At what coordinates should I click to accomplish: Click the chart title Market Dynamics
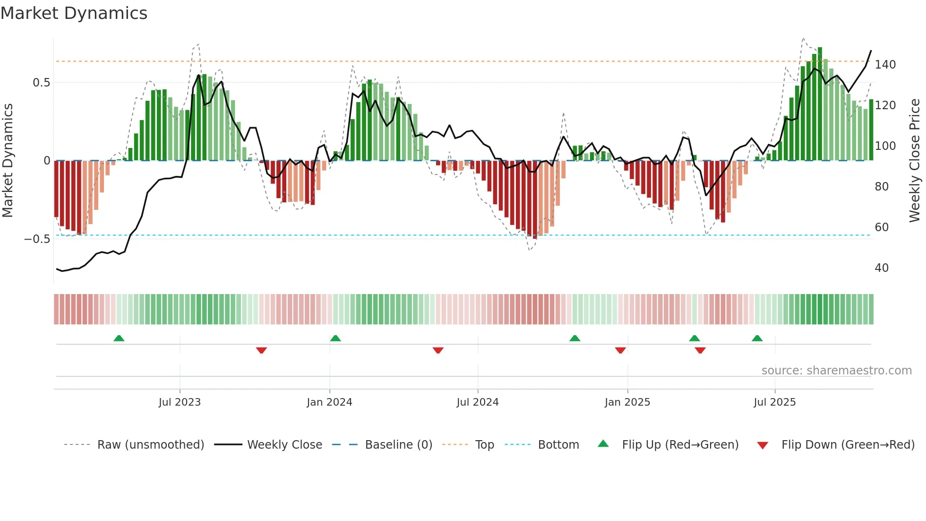(x=74, y=13)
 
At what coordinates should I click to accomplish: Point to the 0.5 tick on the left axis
(x=41, y=83)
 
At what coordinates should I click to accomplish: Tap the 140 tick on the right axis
(x=885, y=65)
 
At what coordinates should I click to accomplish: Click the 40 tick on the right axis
(x=882, y=268)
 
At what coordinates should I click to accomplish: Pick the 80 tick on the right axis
(x=882, y=187)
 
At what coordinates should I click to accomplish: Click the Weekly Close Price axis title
(x=915, y=161)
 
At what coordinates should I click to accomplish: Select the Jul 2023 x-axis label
(x=180, y=402)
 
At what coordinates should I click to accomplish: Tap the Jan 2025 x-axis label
(x=627, y=402)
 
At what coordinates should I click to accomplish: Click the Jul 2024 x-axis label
(x=477, y=402)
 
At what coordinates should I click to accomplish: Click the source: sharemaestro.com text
(x=836, y=371)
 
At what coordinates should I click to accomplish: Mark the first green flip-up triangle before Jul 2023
(x=119, y=338)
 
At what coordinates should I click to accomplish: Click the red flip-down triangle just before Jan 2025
(x=620, y=350)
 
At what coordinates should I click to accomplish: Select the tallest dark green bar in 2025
(x=820, y=104)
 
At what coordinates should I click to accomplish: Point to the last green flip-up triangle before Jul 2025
(x=757, y=338)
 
